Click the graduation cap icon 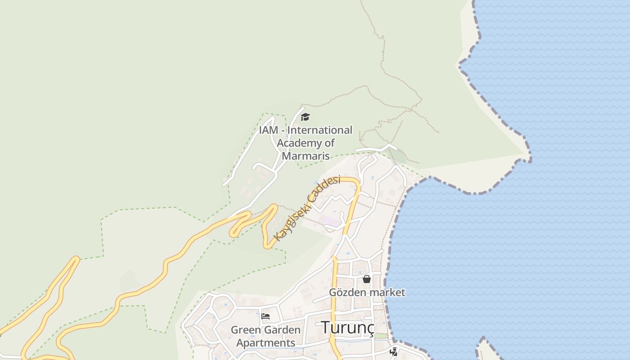click(306, 117)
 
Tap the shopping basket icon click(366, 279)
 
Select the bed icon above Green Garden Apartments click(265, 316)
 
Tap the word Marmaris click(306, 156)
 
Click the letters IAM click(269, 130)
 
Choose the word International click(319, 130)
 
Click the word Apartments click(265, 343)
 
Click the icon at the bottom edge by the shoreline click(394, 351)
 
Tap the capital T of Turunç click(325, 328)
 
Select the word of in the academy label click(330, 143)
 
